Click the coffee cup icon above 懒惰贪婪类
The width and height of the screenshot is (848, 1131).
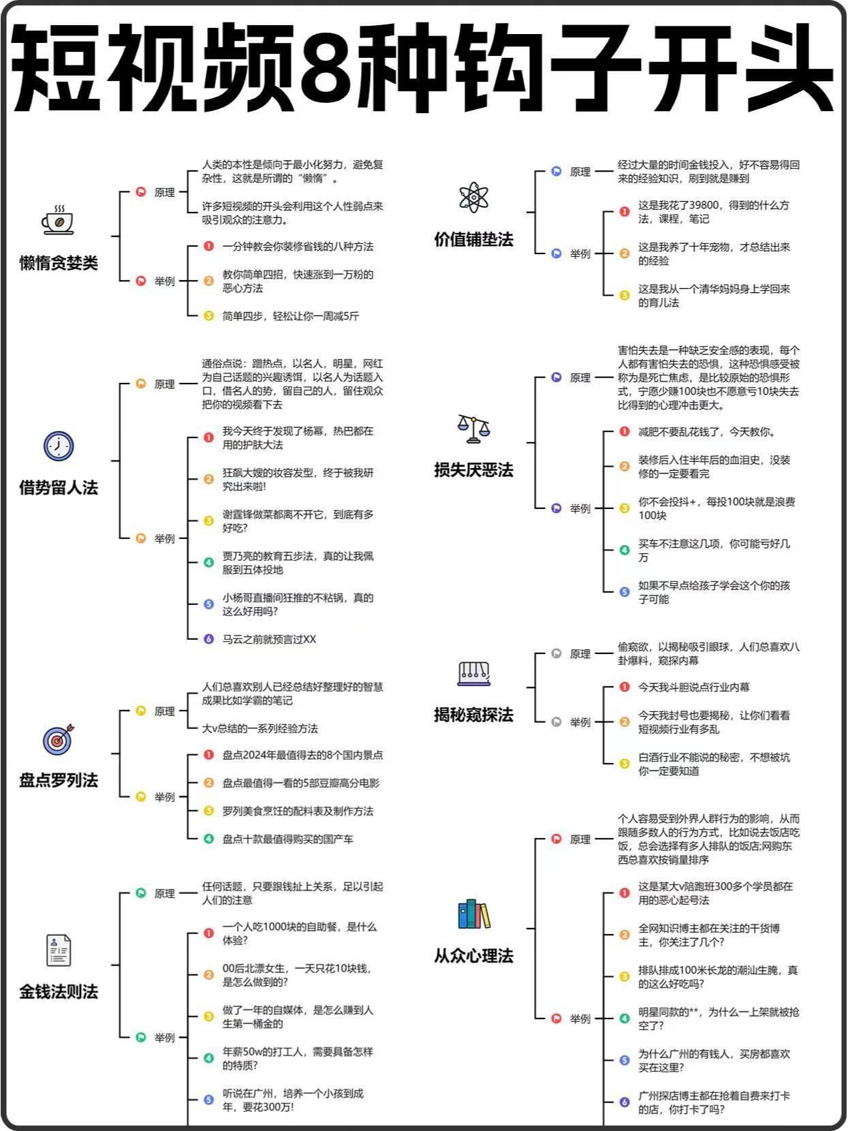click(x=58, y=221)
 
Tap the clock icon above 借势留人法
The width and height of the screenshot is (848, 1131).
click(x=58, y=446)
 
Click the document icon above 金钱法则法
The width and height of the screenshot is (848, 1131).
click(x=59, y=950)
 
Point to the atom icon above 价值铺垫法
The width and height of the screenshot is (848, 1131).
click(x=473, y=198)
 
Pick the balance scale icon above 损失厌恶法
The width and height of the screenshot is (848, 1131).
click(x=473, y=429)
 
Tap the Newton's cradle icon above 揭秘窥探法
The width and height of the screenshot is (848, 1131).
click(x=473, y=674)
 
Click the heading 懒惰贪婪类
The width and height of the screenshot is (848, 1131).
click(x=59, y=263)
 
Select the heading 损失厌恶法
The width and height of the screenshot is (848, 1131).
click(x=473, y=470)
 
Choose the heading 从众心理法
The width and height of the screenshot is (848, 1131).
click(x=473, y=957)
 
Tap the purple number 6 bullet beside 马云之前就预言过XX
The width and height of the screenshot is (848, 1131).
click(x=208, y=639)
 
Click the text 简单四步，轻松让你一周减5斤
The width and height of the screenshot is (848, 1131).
click(x=290, y=316)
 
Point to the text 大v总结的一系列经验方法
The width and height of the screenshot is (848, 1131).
click(x=260, y=728)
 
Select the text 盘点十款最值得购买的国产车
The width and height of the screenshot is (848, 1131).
click(x=288, y=839)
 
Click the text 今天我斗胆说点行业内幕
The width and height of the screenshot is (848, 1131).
click(x=693, y=687)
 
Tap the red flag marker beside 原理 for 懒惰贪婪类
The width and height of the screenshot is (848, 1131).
click(x=140, y=191)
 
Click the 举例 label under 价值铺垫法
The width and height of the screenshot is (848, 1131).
click(x=580, y=253)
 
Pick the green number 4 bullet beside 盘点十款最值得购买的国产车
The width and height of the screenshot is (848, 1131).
click(x=208, y=839)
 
